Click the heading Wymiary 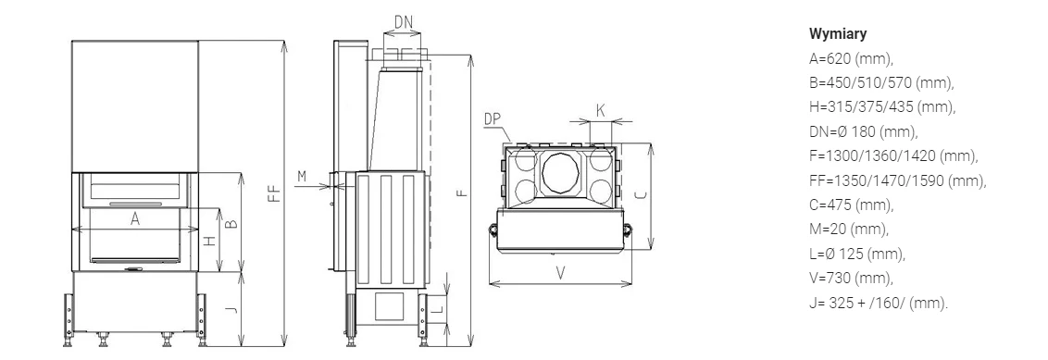(838, 33)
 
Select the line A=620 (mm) (851, 59)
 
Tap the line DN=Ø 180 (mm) (864, 131)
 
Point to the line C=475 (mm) (851, 205)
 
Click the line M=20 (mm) (849, 230)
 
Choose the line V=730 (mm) (851, 278)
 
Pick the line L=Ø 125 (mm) (857, 254)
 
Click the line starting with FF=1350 (898, 180)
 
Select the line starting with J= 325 (879, 303)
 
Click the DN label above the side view (403, 22)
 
